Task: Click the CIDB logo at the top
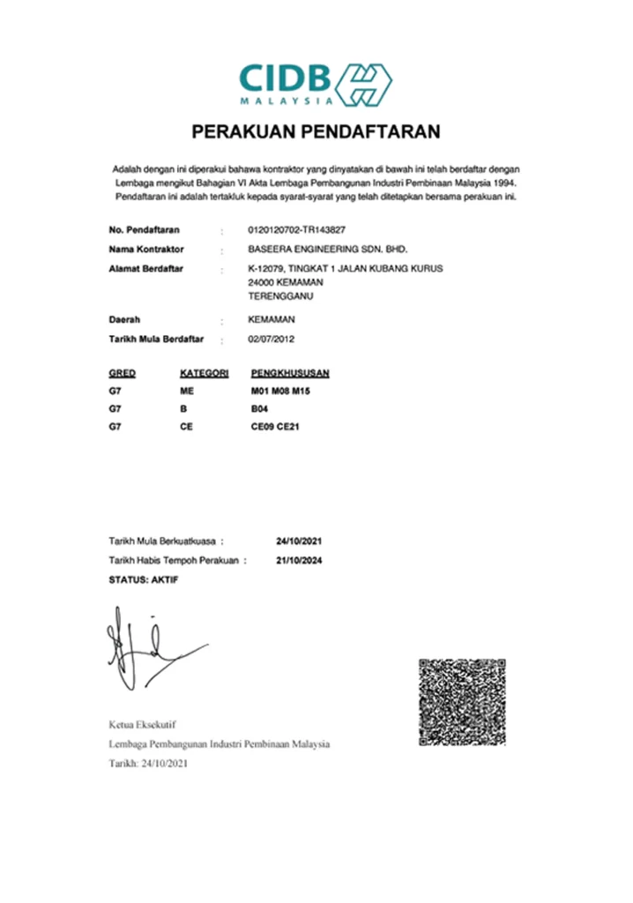(x=316, y=84)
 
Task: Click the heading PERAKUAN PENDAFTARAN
(x=316, y=133)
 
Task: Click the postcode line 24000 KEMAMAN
(x=286, y=281)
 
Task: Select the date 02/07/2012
(x=272, y=339)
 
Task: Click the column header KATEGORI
(x=204, y=373)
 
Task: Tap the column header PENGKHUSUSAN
(x=290, y=373)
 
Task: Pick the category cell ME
(x=186, y=391)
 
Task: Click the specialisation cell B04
(x=259, y=409)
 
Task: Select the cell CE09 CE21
(x=276, y=427)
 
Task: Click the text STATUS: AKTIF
(x=143, y=579)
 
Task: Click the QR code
(x=461, y=701)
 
